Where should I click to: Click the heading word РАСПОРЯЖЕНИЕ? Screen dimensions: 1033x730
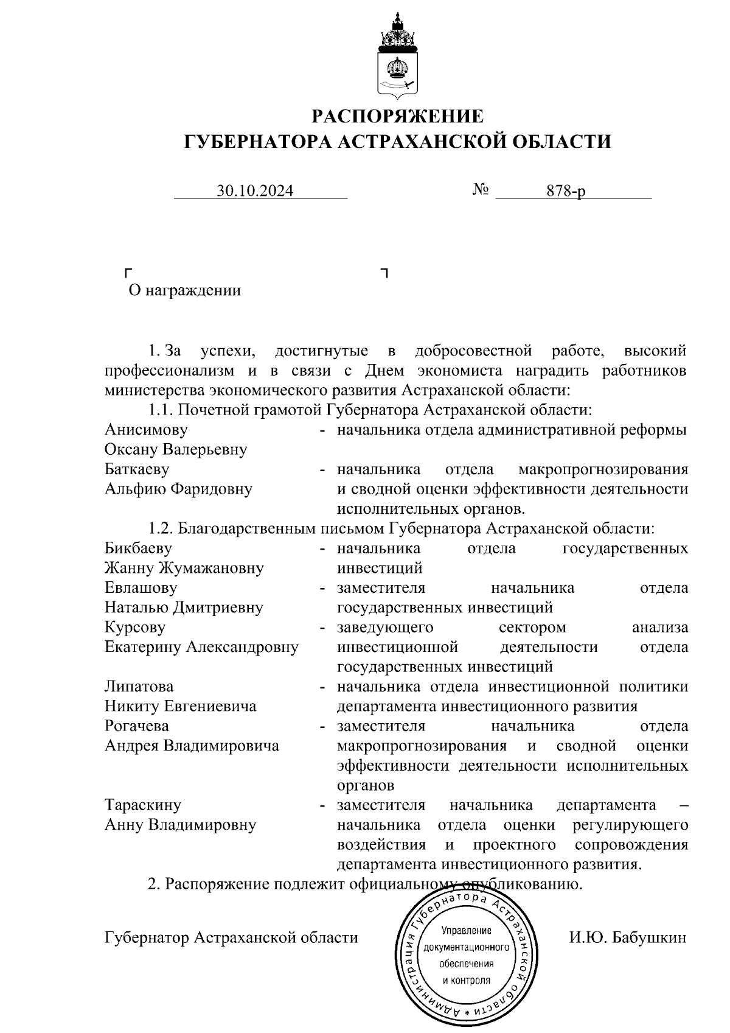point(398,116)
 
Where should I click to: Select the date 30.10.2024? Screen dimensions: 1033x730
point(255,191)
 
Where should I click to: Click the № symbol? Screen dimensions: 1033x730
point(481,190)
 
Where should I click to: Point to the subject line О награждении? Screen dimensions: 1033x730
point(184,290)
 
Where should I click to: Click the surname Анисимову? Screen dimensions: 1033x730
point(146,430)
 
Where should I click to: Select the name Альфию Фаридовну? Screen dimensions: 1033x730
point(178,489)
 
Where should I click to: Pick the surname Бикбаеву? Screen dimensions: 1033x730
point(138,548)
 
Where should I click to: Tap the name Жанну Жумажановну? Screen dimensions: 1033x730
point(184,569)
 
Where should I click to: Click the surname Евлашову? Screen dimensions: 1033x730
point(141,588)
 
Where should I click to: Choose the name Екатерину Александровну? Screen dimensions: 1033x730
point(201,647)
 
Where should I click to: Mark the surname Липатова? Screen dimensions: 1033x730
point(139,687)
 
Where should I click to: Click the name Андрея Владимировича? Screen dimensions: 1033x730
point(192,746)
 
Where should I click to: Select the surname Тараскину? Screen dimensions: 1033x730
point(143,805)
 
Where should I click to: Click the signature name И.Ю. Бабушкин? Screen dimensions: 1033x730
point(627,937)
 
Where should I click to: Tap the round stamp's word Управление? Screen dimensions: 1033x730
point(466,931)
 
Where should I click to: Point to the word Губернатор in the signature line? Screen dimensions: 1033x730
point(147,937)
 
